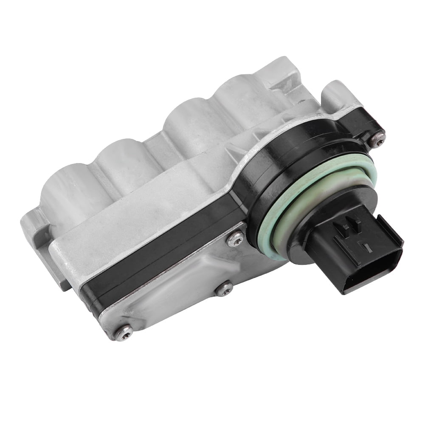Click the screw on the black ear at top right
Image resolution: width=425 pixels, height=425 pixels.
pos(377,138)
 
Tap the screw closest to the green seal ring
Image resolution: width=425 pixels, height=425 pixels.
pos(236,239)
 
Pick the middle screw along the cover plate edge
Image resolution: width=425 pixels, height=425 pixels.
pos(224,289)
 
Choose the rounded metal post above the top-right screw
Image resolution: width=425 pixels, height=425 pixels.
pos(335,96)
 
